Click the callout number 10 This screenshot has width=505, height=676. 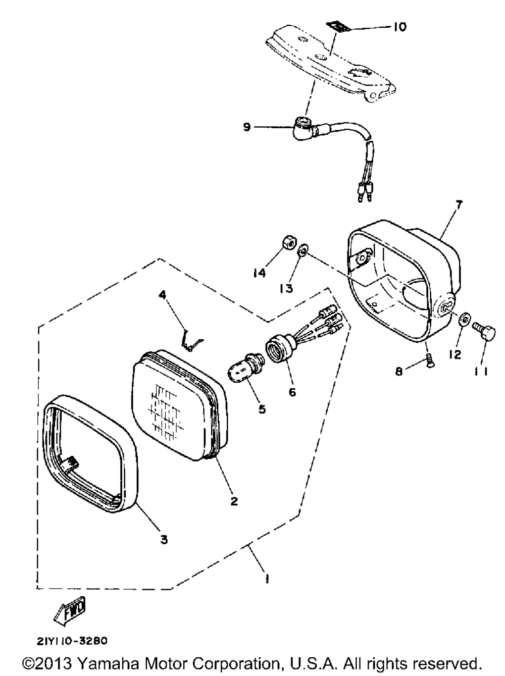399,27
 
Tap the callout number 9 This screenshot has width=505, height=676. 247,127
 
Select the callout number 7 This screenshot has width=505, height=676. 459,205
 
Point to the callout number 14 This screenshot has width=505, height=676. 260,273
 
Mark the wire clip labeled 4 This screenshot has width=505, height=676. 190,340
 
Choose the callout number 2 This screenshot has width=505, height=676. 234,501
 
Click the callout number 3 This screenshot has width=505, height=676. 164,540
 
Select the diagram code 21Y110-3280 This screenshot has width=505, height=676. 72,641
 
